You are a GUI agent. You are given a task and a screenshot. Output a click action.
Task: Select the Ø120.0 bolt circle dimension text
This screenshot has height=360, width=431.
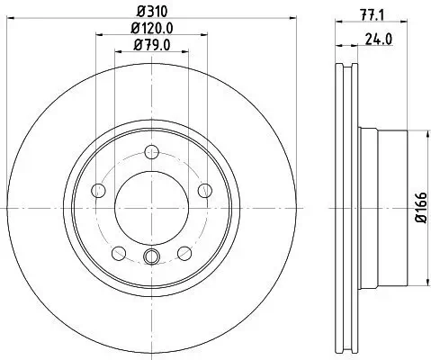coord(151,29)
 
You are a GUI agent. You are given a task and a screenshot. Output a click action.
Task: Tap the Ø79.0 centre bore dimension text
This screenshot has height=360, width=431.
coord(151,45)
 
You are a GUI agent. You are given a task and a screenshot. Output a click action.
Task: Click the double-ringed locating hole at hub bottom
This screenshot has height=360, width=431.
coord(151,258)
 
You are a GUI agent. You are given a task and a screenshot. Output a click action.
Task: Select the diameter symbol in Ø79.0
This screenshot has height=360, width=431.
coord(137,45)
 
